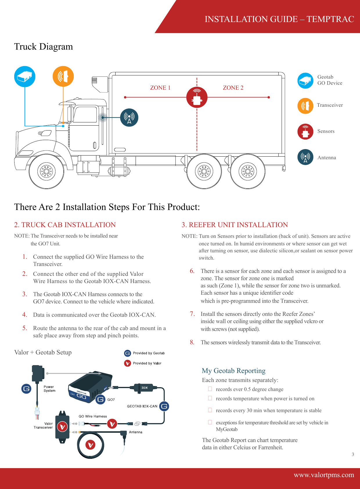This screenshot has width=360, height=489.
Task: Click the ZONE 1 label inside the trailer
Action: pos(160,88)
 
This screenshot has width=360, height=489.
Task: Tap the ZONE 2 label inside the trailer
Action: pos(233,88)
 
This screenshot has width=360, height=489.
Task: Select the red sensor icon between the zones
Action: pos(197,97)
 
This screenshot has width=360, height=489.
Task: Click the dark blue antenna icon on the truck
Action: pos(129,117)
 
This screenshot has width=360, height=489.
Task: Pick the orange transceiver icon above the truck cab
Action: pos(63,76)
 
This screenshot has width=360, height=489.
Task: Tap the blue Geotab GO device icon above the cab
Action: pos(25,76)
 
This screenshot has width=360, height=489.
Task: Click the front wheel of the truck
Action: pos(46,171)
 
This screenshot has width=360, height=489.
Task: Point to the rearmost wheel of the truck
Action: pos(248,171)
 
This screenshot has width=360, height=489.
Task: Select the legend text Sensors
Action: pos(326,131)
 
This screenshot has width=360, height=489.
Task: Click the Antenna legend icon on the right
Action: pos(305,157)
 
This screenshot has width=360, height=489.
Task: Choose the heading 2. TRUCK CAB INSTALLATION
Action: pos(65,225)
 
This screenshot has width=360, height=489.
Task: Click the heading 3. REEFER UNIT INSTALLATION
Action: pos(235,225)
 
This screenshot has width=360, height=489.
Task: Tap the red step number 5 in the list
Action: pos(25,328)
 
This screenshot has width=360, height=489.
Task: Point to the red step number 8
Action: pos(192,342)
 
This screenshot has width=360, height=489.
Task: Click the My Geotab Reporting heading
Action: pos(234,371)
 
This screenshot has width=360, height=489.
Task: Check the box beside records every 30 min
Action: pos(210,410)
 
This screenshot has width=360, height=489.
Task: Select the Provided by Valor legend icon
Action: pos(127,363)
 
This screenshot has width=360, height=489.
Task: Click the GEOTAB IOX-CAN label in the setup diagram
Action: pos(142,406)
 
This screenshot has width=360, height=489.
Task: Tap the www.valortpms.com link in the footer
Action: pos(324,475)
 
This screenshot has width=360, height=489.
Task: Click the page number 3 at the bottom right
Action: pos(353,454)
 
